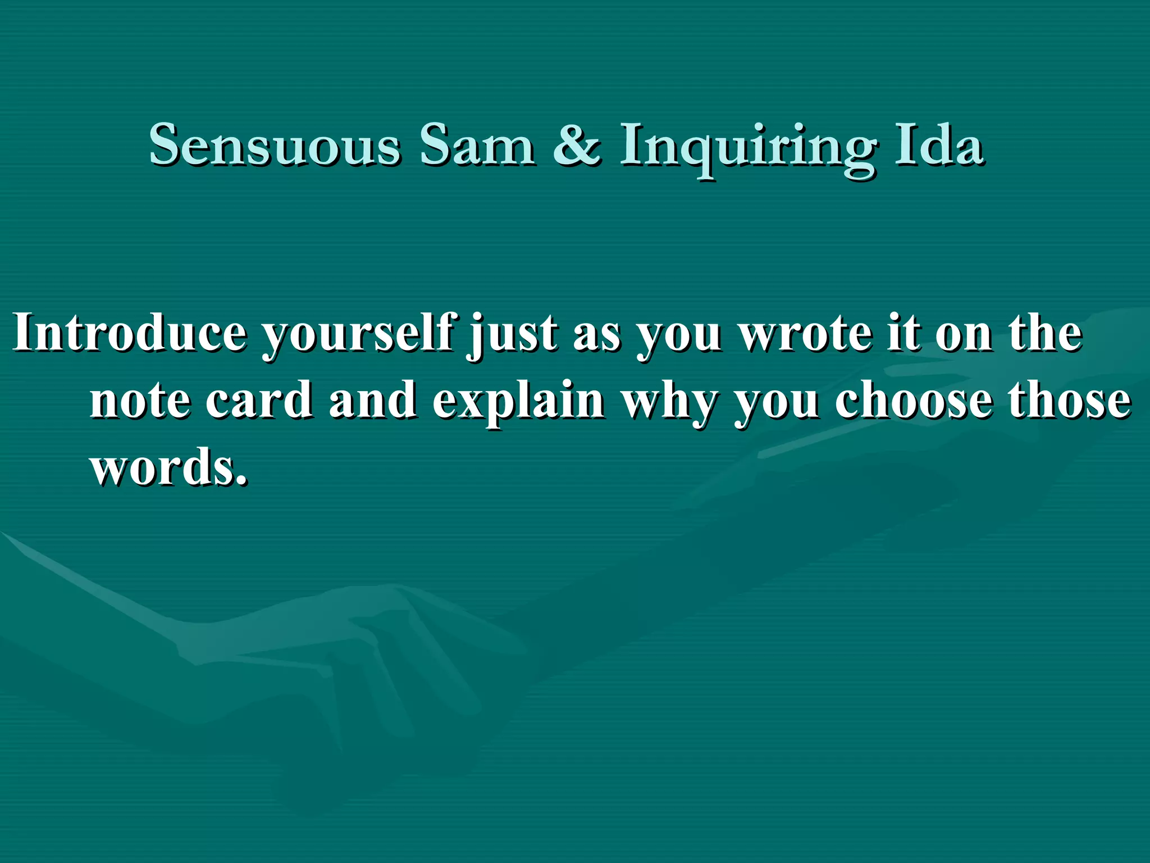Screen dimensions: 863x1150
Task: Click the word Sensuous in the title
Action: pos(275,146)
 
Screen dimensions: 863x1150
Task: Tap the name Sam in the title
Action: pos(477,146)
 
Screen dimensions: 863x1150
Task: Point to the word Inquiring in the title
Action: pos(746,148)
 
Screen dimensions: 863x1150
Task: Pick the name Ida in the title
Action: pos(939,146)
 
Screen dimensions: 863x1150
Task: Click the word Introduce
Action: pos(130,333)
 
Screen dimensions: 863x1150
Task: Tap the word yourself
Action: pos(359,335)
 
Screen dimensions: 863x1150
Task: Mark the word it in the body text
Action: pos(902,333)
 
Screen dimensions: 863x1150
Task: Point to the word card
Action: pos(259,400)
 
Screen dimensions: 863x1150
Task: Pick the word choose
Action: pos(913,400)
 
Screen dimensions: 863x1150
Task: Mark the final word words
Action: pos(168,467)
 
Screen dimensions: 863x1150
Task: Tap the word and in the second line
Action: pos(373,400)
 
